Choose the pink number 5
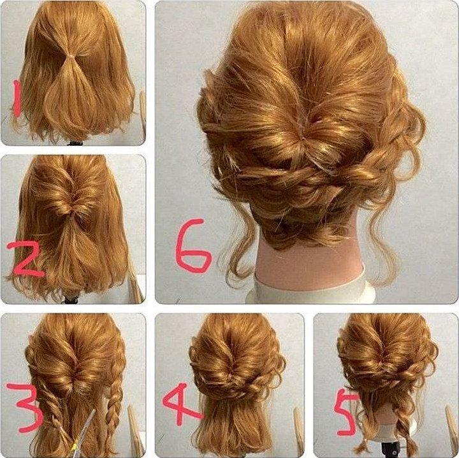click(347, 411)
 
